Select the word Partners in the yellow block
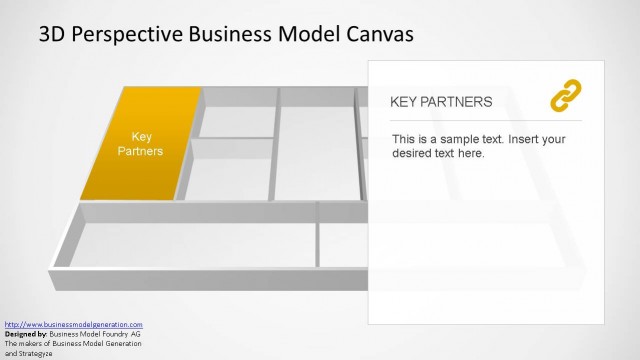[140, 151]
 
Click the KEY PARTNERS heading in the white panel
[440, 102]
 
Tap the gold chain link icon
[566, 97]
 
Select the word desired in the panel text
[414, 154]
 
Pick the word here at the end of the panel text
[470, 154]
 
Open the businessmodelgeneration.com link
[74, 324]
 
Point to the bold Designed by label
[27, 333]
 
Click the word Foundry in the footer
[113, 333]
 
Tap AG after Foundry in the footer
[134, 333]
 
